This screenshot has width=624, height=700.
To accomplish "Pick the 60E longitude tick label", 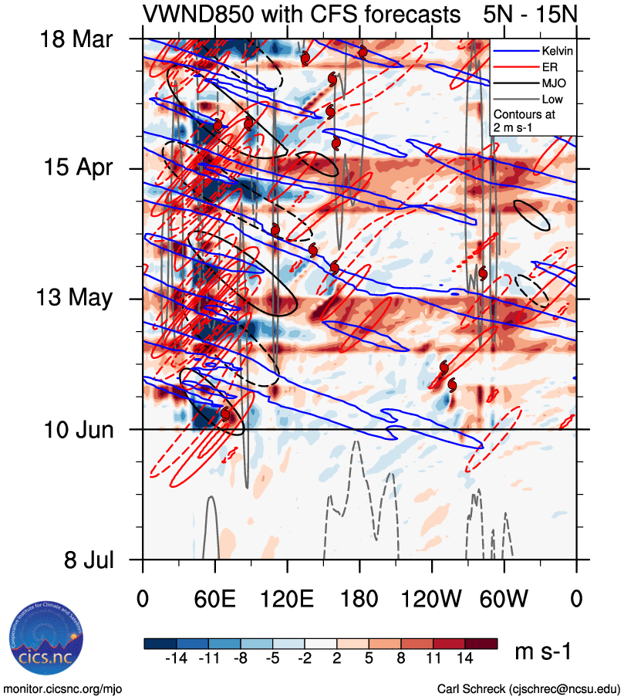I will click(x=214, y=598).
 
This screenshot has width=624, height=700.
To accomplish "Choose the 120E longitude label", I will click(x=287, y=598).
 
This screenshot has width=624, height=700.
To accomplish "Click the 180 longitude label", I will click(x=359, y=598).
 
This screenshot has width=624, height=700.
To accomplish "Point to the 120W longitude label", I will click(x=431, y=598).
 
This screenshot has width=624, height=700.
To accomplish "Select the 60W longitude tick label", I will click(x=504, y=598).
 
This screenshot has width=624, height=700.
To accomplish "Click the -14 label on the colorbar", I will click(x=177, y=658).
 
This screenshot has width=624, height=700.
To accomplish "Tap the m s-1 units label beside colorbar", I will click(x=543, y=652).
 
